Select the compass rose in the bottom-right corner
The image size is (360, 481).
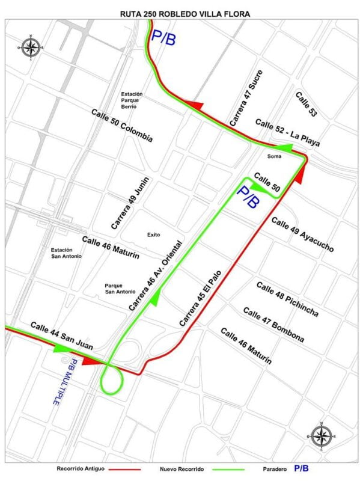click(322, 435)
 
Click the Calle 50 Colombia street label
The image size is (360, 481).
click(122, 126)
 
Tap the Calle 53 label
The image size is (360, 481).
click(306, 104)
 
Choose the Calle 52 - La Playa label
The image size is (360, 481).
click(287, 133)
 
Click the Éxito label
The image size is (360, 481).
click(153, 234)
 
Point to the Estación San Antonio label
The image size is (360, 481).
click(66, 253)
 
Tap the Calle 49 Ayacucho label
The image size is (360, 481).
click(302, 234)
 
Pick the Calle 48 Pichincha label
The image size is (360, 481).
click(287, 299)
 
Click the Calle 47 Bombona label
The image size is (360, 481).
click(273, 325)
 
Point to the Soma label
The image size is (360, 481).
click(274, 156)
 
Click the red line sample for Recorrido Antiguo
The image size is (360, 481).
click(123, 468)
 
